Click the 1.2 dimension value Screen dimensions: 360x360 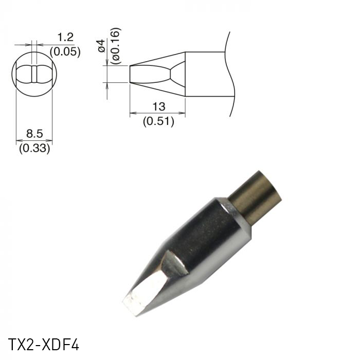[x=65, y=37]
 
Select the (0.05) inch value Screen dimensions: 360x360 [x=65, y=51]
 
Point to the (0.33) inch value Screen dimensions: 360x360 [x=34, y=149]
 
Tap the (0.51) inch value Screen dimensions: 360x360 [x=158, y=121]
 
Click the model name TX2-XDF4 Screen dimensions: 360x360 [x=44, y=344]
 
